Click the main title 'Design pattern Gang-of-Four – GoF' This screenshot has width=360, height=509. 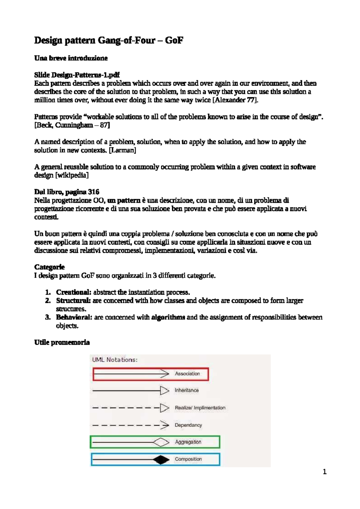108,40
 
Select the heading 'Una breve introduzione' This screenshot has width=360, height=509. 71,58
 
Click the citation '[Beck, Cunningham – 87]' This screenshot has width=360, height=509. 72,125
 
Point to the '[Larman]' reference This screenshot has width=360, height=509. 122,150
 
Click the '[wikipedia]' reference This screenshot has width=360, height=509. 72,175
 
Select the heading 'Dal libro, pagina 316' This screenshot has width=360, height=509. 67,192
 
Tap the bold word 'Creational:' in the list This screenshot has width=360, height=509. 73,292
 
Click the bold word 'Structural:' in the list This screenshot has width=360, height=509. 73,301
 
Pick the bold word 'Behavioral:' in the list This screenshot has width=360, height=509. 74,318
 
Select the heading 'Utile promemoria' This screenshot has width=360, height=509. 62,342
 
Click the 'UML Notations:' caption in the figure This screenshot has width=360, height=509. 115,360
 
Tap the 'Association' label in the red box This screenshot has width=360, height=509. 187,374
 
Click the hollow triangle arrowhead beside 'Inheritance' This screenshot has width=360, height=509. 164,390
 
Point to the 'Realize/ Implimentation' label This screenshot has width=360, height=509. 200,408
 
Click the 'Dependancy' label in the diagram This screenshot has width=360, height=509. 188,425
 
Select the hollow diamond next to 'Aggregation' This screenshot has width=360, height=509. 161,442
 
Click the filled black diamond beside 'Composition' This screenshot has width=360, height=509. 161,459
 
